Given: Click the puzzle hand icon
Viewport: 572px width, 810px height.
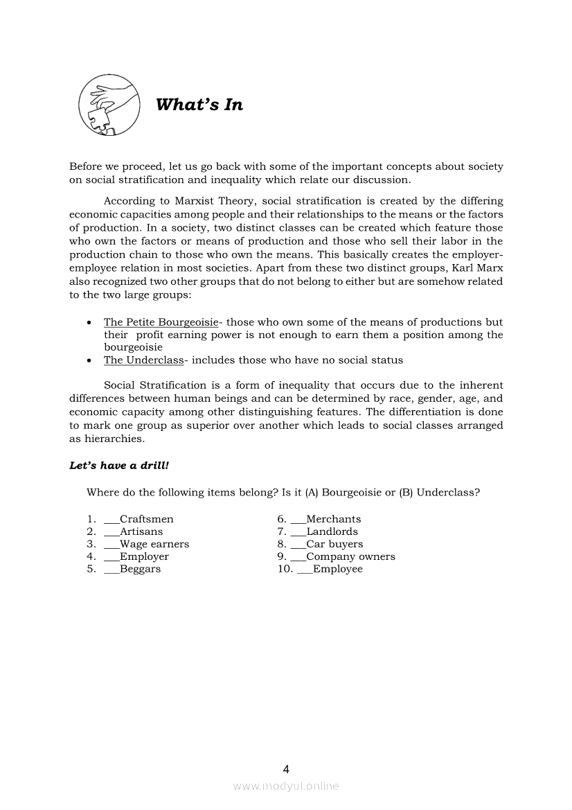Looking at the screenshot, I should tap(107, 106).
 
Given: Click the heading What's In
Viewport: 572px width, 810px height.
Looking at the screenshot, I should tap(199, 105).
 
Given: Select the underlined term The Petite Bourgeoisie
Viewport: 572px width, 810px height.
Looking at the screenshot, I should tap(161, 322).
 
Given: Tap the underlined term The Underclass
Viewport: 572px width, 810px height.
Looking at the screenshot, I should tap(143, 360).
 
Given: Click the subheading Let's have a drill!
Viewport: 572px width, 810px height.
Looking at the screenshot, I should tap(119, 466).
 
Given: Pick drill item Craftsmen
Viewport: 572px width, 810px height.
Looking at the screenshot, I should tap(146, 519).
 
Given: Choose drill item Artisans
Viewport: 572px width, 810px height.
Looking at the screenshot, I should tap(141, 531).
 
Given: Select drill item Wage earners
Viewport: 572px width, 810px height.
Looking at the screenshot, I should tap(154, 544).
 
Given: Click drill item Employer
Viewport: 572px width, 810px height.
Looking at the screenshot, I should tap(144, 556).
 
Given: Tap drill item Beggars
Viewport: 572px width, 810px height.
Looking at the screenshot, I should tap(140, 569).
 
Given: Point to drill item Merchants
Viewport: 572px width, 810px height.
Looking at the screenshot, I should tap(333, 519).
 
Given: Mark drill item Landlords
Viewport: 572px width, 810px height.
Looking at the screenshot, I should tap(332, 531).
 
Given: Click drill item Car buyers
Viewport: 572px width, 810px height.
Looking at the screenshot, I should tap(334, 544).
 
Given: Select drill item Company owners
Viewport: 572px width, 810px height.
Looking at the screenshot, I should tap(350, 556).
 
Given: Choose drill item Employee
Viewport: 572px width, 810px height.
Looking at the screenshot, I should tap(337, 569).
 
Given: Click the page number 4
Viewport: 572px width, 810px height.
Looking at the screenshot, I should tap(286, 769).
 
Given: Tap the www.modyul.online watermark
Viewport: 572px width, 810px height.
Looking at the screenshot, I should tap(286, 786).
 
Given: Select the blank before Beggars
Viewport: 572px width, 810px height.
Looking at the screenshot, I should tap(111, 570).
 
